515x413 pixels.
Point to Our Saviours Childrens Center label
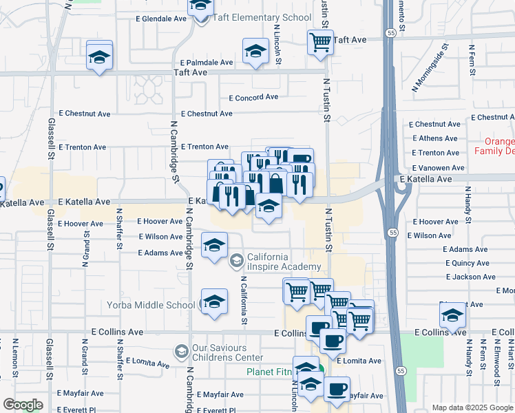[228, 352]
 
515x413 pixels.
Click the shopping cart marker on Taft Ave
[320, 42]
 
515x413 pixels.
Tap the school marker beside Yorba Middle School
[214, 301]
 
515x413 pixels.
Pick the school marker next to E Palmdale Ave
[255, 51]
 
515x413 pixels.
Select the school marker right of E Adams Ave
[214, 245]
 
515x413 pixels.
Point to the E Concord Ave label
[253, 98]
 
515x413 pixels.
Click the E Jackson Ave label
[470, 277]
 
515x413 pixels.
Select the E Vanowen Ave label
[437, 168]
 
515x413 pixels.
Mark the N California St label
[244, 300]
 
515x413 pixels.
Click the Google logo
[23, 405]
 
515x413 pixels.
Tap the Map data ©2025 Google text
[472, 407]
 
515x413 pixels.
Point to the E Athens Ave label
[435, 138]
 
